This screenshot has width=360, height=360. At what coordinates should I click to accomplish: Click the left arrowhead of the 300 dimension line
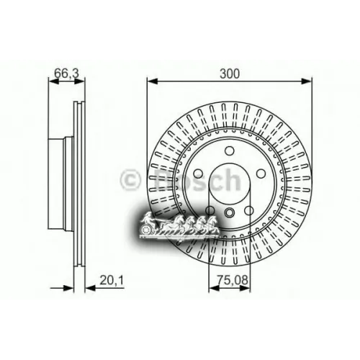[150, 81]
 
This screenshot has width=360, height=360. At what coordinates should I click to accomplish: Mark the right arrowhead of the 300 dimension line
[308, 81]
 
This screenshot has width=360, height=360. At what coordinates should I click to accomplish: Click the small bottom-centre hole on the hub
[229, 213]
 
